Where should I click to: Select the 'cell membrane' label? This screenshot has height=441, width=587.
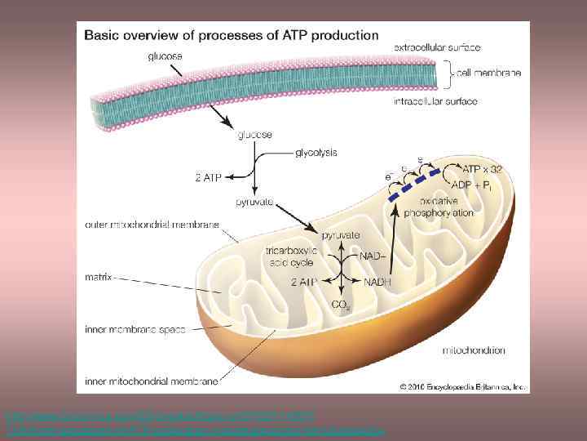coord(488,74)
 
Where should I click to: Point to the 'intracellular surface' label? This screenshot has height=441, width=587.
coord(435,101)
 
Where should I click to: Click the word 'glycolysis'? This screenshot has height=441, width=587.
coord(315,152)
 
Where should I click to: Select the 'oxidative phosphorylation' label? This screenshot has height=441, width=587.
coord(445,207)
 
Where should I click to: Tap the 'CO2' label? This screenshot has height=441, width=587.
coord(341,306)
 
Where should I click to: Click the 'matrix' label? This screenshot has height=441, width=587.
coord(99,278)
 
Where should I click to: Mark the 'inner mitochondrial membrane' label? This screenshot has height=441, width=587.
coord(152,381)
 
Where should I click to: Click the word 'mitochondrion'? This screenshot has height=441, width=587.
coord(473,350)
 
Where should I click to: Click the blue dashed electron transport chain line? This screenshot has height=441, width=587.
coord(415,185)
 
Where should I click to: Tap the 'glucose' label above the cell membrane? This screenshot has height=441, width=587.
coord(166,56)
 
